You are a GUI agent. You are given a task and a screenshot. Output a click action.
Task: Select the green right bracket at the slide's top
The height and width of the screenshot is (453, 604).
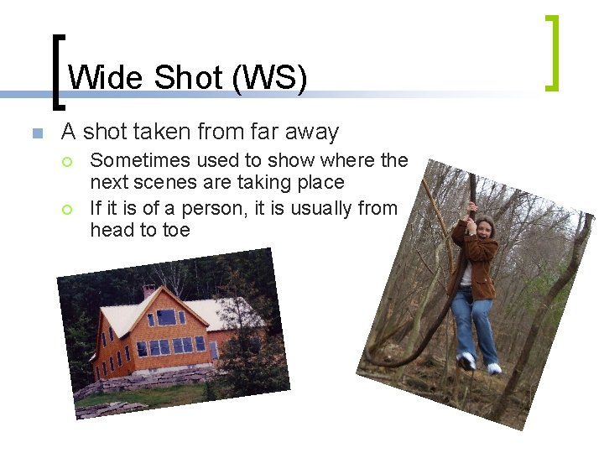tap(551, 52)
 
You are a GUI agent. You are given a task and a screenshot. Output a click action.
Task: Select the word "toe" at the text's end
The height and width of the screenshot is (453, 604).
tap(176, 230)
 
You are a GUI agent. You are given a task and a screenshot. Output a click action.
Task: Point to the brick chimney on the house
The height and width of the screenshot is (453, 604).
tap(148, 291)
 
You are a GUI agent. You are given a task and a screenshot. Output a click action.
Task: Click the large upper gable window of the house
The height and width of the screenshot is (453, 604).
tap(166, 317)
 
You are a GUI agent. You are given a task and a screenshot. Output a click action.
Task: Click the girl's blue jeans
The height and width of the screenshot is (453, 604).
tap(474, 323)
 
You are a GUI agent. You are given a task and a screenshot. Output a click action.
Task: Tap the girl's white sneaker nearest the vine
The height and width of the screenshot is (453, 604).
tap(467, 361)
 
